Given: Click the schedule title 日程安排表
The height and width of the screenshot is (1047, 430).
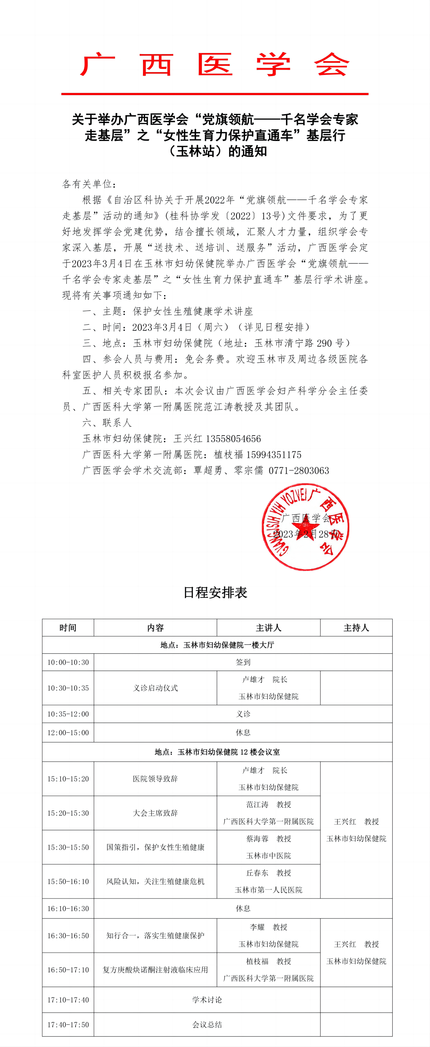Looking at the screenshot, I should [215, 593].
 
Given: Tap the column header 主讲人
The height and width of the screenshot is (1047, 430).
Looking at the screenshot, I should [268, 628].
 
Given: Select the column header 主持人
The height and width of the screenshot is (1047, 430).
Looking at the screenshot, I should [356, 628].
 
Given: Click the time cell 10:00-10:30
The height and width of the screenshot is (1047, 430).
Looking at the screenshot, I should [68, 662].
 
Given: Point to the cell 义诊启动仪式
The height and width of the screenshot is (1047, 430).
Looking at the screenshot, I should [156, 688].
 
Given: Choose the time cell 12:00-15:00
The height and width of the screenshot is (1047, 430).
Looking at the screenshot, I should [68, 732].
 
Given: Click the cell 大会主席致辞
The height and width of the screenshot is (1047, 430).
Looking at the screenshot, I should [156, 813].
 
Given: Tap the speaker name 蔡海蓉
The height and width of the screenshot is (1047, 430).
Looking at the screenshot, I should [257, 839].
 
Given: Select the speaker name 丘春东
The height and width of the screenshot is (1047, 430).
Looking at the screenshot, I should [257, 873].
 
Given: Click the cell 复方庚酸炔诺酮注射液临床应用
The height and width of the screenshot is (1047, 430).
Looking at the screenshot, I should [156, 969].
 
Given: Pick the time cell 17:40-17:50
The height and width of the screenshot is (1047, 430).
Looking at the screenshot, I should [68, 1025].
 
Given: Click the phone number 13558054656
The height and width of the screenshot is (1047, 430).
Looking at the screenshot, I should [234, 438].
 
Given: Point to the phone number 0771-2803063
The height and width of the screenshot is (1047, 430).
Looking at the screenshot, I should [299, 470].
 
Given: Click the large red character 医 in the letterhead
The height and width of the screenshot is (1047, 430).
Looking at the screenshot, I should [215, 65].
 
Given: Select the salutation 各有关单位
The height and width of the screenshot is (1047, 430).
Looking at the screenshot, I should [87, 184].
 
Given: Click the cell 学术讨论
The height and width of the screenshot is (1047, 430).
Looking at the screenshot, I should [207, 999].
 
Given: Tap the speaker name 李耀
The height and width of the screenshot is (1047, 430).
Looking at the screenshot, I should [257, 927].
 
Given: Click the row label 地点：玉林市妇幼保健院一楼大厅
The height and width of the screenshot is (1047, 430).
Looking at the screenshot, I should [217, 645].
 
